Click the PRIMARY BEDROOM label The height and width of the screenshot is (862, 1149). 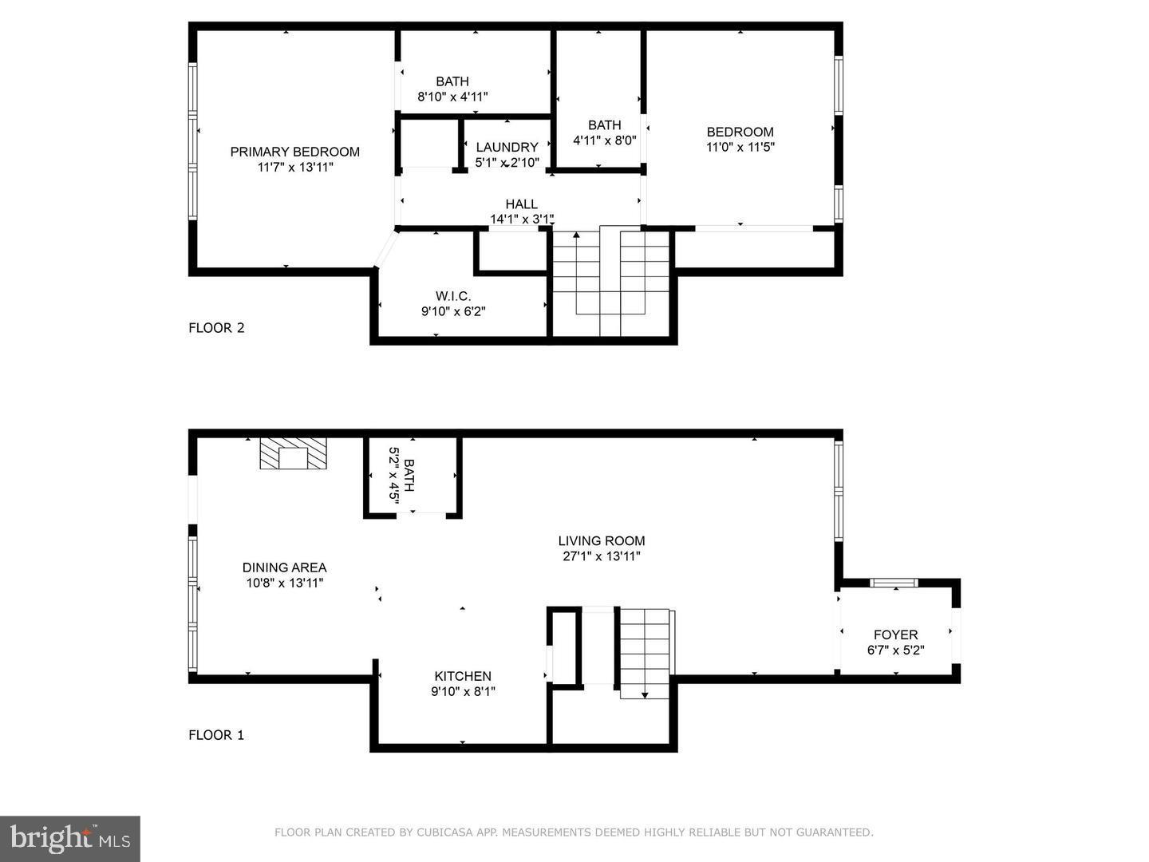click(294, 152)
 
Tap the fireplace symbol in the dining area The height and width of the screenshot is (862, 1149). click(294, 454)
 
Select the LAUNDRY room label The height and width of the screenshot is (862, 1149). click(507, 147)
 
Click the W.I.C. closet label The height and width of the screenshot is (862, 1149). click(452, 296)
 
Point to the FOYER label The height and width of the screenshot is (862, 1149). click(895, 635)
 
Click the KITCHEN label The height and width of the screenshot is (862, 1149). click(463, 676)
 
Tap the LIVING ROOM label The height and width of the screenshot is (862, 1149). click(602, 540)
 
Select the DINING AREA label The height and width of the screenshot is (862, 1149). click(284, 567)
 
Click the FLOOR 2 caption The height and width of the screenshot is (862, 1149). click(216, 327)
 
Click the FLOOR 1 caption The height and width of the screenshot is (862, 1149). click(216, 735)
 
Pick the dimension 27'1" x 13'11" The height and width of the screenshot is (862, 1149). click(602, 556)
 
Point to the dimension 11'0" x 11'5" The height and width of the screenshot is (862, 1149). click(740, 147)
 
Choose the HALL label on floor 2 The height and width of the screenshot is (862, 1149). click(521, 204)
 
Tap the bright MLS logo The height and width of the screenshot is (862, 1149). click(70, 838)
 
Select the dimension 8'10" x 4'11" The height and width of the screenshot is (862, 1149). click(452, 97)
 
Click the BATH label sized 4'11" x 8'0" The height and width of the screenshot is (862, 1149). click(604, 125)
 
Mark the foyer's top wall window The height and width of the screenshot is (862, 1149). click(894, 583)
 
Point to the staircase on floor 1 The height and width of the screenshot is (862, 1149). click(645, 650)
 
